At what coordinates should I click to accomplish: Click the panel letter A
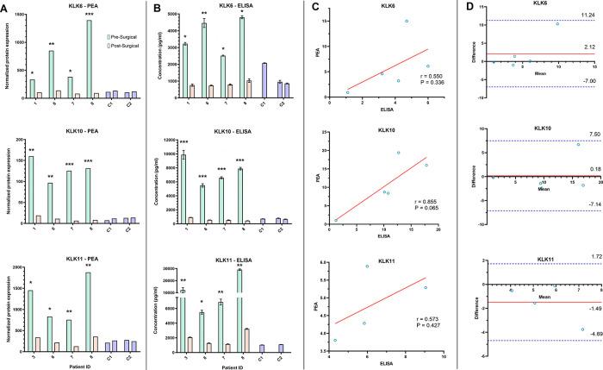click(5, 6)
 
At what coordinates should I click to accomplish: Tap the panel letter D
click(469, 6)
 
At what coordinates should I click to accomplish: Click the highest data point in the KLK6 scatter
click(407, 22)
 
